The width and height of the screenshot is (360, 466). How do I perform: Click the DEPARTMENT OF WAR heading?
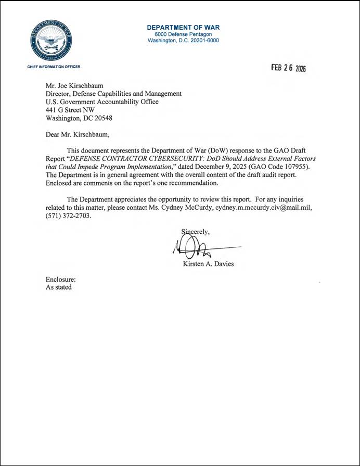tap(183, 27)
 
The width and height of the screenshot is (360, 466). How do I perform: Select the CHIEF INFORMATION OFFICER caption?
tap(54, 67)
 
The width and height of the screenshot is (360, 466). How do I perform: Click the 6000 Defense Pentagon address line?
tap(183, 34)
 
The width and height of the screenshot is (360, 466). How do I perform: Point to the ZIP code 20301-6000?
tap(202, 41)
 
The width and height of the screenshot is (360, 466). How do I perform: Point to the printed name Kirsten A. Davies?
tap(208, 264)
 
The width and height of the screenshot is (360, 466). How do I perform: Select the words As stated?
tap(59, 287)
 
